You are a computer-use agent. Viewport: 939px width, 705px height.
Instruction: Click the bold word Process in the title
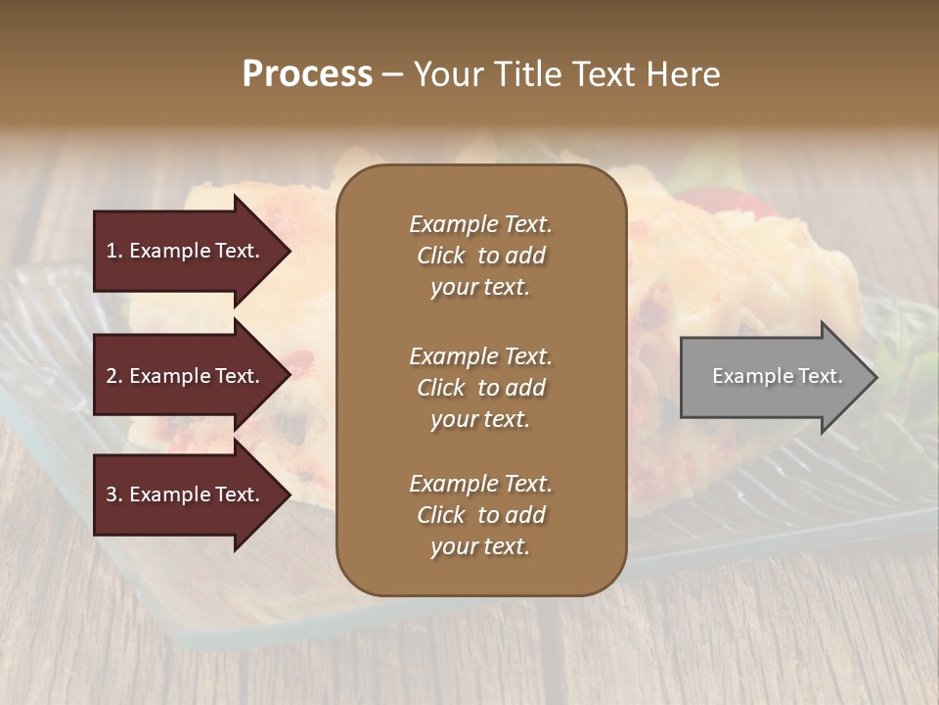click(307, 74)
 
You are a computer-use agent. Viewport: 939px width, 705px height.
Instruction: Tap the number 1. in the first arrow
click(114, 251)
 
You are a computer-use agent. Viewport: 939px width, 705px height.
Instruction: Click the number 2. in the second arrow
click(114, 376)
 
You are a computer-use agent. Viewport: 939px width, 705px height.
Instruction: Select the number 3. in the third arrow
click(114, 494)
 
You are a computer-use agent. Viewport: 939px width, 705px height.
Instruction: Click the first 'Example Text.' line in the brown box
click(480, 224)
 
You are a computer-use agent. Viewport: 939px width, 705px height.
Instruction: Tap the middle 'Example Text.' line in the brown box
click(480, 355)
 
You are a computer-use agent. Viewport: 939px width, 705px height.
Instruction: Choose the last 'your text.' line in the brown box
click(480, 546)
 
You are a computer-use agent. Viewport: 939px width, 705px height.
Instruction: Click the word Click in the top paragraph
click(440, 256)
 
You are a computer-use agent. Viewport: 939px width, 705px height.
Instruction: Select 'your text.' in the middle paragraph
click(480, 419)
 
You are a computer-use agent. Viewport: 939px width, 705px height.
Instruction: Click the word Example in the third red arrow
click(165, 494)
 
